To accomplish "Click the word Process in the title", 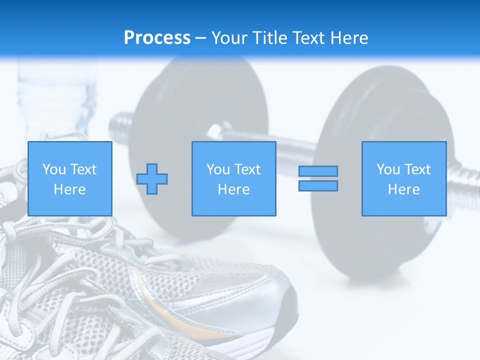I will click(x=157, y=38).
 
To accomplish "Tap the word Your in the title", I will click(x=229, y=38).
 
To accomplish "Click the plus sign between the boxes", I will click(x=152, y=179).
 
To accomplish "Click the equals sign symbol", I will click(x=318, y=178).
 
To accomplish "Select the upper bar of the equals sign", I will click(x=318, y=171).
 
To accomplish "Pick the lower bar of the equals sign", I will click(x=318, y=185).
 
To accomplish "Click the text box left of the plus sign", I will click(x=70, y=178).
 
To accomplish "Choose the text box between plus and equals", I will click(x=234, y=178).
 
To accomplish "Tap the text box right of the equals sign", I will click(x=404, y=178).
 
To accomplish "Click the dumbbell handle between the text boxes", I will click(x=295, y=150).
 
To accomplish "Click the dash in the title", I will click(x=201, y=38).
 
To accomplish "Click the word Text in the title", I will click(x=307, y=38).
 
